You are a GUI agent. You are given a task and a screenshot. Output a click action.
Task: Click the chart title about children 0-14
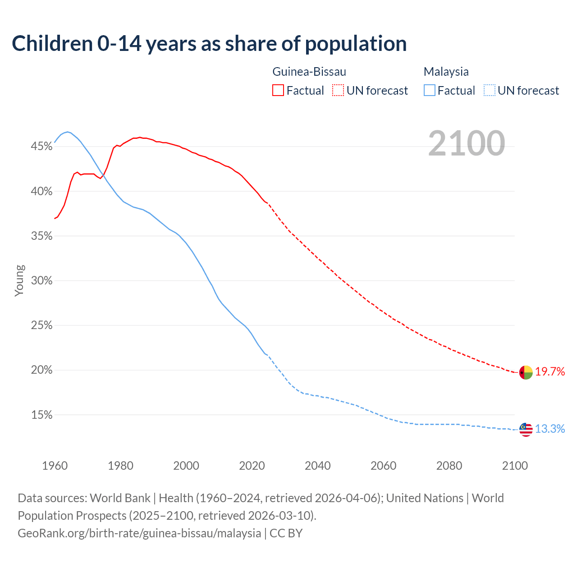pos(209,44)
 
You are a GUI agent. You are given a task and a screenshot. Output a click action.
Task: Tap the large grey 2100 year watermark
pos(467,143)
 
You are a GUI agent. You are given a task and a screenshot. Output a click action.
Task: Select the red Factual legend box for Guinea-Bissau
pos(278,91)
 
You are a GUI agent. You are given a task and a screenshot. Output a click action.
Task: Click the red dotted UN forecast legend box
pos(338,91)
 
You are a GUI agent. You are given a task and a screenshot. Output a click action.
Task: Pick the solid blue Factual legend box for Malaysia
pos(430,91)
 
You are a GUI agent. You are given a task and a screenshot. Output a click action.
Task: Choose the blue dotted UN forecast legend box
pos(489,91)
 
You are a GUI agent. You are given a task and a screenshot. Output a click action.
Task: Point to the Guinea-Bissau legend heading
pos(309,72)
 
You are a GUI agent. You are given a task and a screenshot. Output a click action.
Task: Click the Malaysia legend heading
pos(446,72)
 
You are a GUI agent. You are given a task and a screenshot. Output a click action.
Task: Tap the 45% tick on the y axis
pos(41,147)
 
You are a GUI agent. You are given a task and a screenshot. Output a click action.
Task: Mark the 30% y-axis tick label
pos(41,281)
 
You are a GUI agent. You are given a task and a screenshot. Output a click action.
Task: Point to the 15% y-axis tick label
pos(41,415)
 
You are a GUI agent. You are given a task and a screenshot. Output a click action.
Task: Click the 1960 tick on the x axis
pos(55,466)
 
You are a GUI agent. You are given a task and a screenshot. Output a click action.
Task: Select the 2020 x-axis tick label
pos(252,466)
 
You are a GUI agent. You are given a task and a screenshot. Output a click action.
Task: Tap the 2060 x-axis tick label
pos(383,466)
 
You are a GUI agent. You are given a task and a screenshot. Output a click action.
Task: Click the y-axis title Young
pos(19,280)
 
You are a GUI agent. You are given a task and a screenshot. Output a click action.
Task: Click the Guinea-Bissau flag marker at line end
pos(526,373)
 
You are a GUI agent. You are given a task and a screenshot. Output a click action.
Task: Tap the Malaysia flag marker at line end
pos(526,430)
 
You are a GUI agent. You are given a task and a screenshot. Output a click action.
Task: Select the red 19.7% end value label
pos(550,372)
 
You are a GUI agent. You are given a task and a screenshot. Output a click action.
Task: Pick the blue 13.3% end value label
pos(550,429)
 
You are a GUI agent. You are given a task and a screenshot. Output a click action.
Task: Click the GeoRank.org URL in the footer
pos(139,533)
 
